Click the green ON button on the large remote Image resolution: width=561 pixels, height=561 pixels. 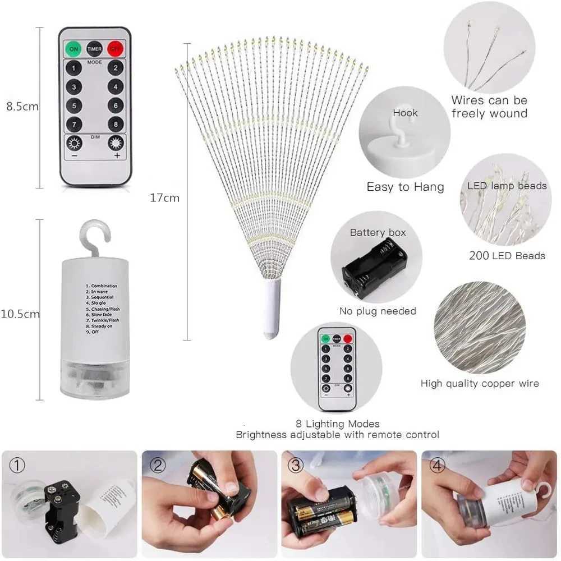(73, 49)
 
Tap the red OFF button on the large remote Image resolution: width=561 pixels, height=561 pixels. (115, 49)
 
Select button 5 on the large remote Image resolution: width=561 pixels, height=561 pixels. (73, 105)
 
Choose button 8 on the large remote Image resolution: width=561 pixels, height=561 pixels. (116, 124)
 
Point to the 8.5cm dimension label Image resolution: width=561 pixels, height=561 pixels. (22, 106)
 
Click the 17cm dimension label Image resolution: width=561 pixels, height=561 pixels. (165, 197)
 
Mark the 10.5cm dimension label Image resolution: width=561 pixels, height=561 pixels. (21, 314)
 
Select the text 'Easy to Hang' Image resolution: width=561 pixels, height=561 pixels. (405, 187)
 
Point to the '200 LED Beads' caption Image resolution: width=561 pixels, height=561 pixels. (507, 256)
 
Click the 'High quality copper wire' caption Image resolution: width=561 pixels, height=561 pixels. (480, 384)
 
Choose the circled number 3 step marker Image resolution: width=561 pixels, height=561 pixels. (296, 465)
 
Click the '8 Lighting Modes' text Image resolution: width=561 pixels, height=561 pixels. (338, 424)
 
